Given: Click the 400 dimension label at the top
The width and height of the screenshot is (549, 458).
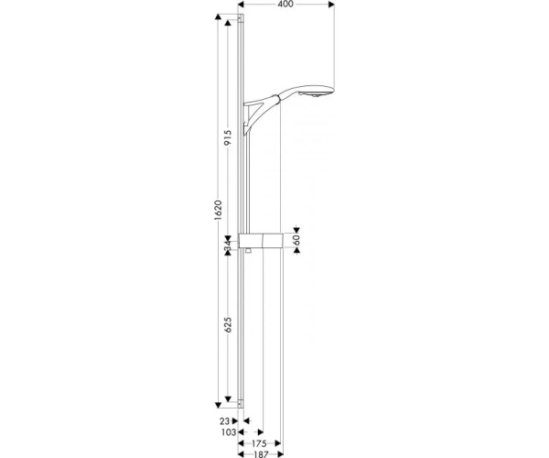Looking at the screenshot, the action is (285, 5).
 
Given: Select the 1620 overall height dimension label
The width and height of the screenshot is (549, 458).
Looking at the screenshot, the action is (219, 210).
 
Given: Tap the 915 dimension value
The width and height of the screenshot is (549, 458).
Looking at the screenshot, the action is (228, 137).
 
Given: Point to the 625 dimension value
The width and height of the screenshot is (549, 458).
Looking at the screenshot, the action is (228, 325).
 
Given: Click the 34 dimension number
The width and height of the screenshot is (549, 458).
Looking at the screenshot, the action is (228, 245).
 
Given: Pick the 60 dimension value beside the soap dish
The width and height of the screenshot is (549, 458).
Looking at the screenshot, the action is (296, 240).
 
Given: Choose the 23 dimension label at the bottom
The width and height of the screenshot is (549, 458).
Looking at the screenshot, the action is (225, 420).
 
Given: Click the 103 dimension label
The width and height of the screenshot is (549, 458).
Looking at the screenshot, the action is (229, 432).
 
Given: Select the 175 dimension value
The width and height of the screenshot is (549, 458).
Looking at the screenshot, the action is (259, 443).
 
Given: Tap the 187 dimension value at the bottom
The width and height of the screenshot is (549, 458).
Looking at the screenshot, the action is (261, 454).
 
